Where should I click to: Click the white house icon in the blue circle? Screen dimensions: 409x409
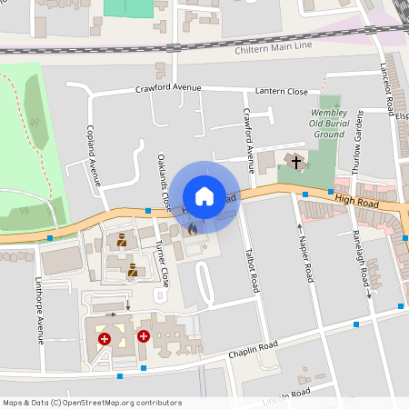coord(204,196)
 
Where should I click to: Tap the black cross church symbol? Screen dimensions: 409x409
coord(296,162)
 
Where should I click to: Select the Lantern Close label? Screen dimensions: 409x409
coord(283,91)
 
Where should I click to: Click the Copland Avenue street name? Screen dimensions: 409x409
coord(93,155)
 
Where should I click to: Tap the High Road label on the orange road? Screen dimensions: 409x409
coord(354,199)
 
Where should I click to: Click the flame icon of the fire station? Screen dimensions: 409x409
coord(192,231)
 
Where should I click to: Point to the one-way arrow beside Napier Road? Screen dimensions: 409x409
coord(300,226)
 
